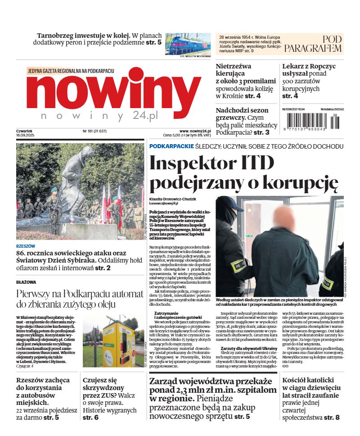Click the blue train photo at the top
coord(188,44)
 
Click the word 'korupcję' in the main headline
coord(300,182)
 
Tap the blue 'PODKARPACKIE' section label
coord(171,146)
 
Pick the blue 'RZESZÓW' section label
coord(26,246)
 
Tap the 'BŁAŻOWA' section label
coord(27,282)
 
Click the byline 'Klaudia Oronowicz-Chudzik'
coord(173,199)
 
